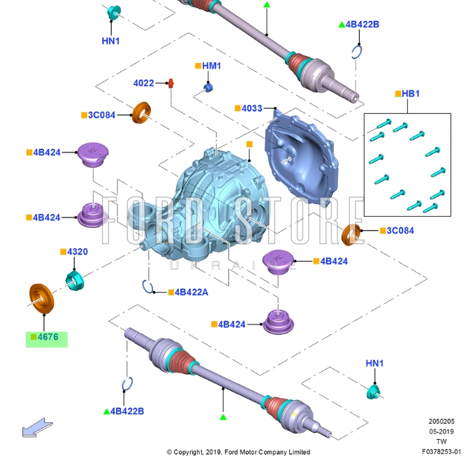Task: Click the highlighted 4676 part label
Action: [47, 338]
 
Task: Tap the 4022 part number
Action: [144, 83]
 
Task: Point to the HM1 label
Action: [211, 66]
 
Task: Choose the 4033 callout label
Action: [251, 108]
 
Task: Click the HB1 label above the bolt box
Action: [410, 94]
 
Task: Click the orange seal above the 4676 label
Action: [41, 296]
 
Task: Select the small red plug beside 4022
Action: [170, 83]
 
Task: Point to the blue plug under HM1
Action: [207, 87]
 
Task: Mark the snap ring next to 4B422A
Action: [149, 285]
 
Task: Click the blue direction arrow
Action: [34, 427]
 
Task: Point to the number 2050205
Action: [441, 421]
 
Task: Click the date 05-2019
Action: [441, 431]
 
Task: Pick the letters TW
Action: [441, 441]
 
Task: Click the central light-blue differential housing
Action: [210, 203]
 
